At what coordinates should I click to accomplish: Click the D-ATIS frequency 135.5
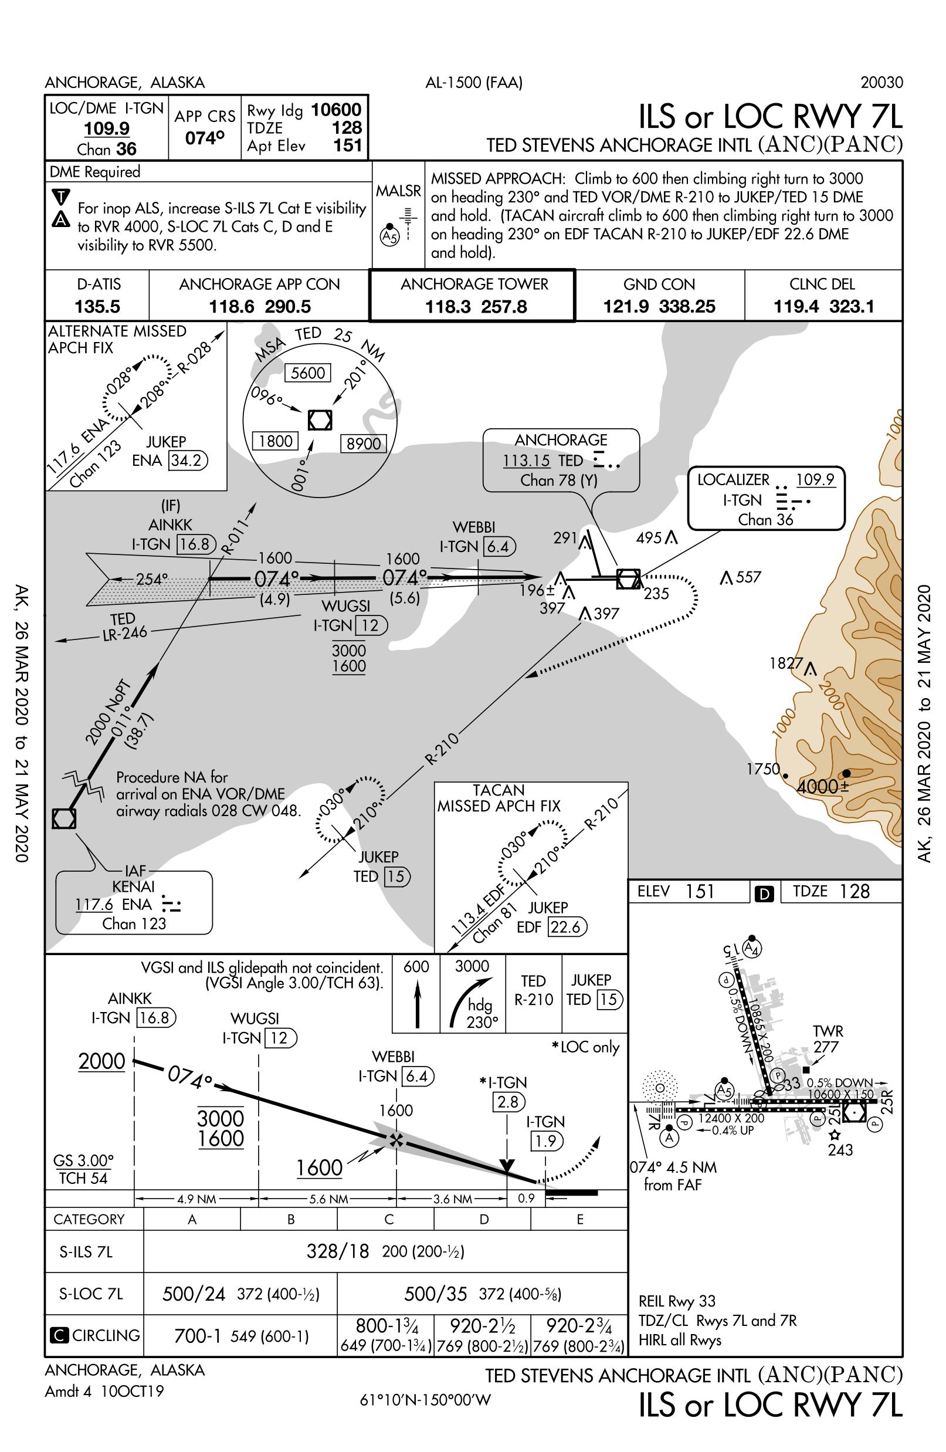(97, 306)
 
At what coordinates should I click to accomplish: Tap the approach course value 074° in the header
(204, 138)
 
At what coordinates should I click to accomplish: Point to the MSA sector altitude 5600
(308, 373)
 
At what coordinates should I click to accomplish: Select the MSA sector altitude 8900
(364, 444)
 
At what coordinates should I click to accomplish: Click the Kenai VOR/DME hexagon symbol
(64, 819)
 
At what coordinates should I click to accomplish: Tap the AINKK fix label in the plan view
(170, 524)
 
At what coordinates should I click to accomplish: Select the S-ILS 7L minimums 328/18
(338, 1252)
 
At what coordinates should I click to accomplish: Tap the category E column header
(579, 1220)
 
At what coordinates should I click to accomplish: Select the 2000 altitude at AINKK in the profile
(102, 1061)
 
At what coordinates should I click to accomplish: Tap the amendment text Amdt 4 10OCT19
(104, 1392)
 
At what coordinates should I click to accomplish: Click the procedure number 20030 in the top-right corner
(881, 82)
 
